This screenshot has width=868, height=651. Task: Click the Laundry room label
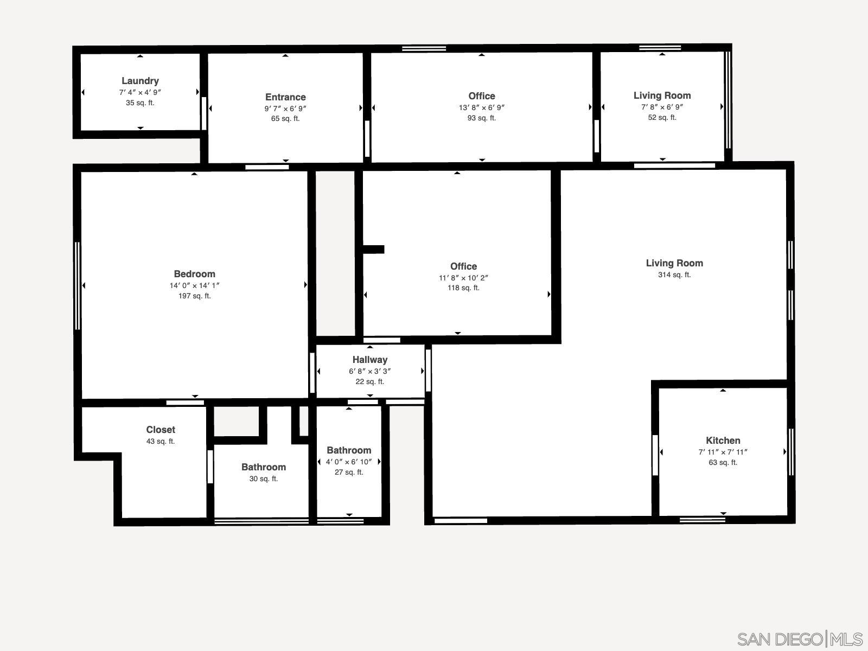coord(140,81)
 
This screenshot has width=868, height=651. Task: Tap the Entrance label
coord(285,97)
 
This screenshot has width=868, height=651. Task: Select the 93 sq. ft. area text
coord(481,118)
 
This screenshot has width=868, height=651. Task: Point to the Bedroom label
coord(194,274)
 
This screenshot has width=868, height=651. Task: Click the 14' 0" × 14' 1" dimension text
coord(194,285)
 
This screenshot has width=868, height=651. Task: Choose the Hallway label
coord(369,360)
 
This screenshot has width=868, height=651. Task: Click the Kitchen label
coord(723,441)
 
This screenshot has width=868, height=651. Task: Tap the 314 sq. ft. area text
coord(674,275)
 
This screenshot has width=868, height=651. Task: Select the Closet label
coord(161,430)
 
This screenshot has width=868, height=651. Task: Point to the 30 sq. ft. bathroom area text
coord(263,478)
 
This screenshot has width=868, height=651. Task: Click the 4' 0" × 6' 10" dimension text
coord(349,462)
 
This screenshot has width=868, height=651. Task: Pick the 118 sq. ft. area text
coord(463,288)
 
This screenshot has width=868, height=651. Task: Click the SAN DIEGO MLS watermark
coord(800,639)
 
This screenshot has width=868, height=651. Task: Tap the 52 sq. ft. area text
coord(662,117)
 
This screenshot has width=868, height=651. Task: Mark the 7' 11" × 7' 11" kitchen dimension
coord(723,452)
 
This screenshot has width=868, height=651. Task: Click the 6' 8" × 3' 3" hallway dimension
coord(369,371)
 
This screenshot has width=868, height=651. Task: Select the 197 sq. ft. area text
coord(194,296)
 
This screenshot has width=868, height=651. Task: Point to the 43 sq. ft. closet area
coord(161,441)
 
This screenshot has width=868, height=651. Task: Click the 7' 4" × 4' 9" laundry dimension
coord(140,92)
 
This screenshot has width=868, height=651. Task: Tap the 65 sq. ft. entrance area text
coord(285,118)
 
